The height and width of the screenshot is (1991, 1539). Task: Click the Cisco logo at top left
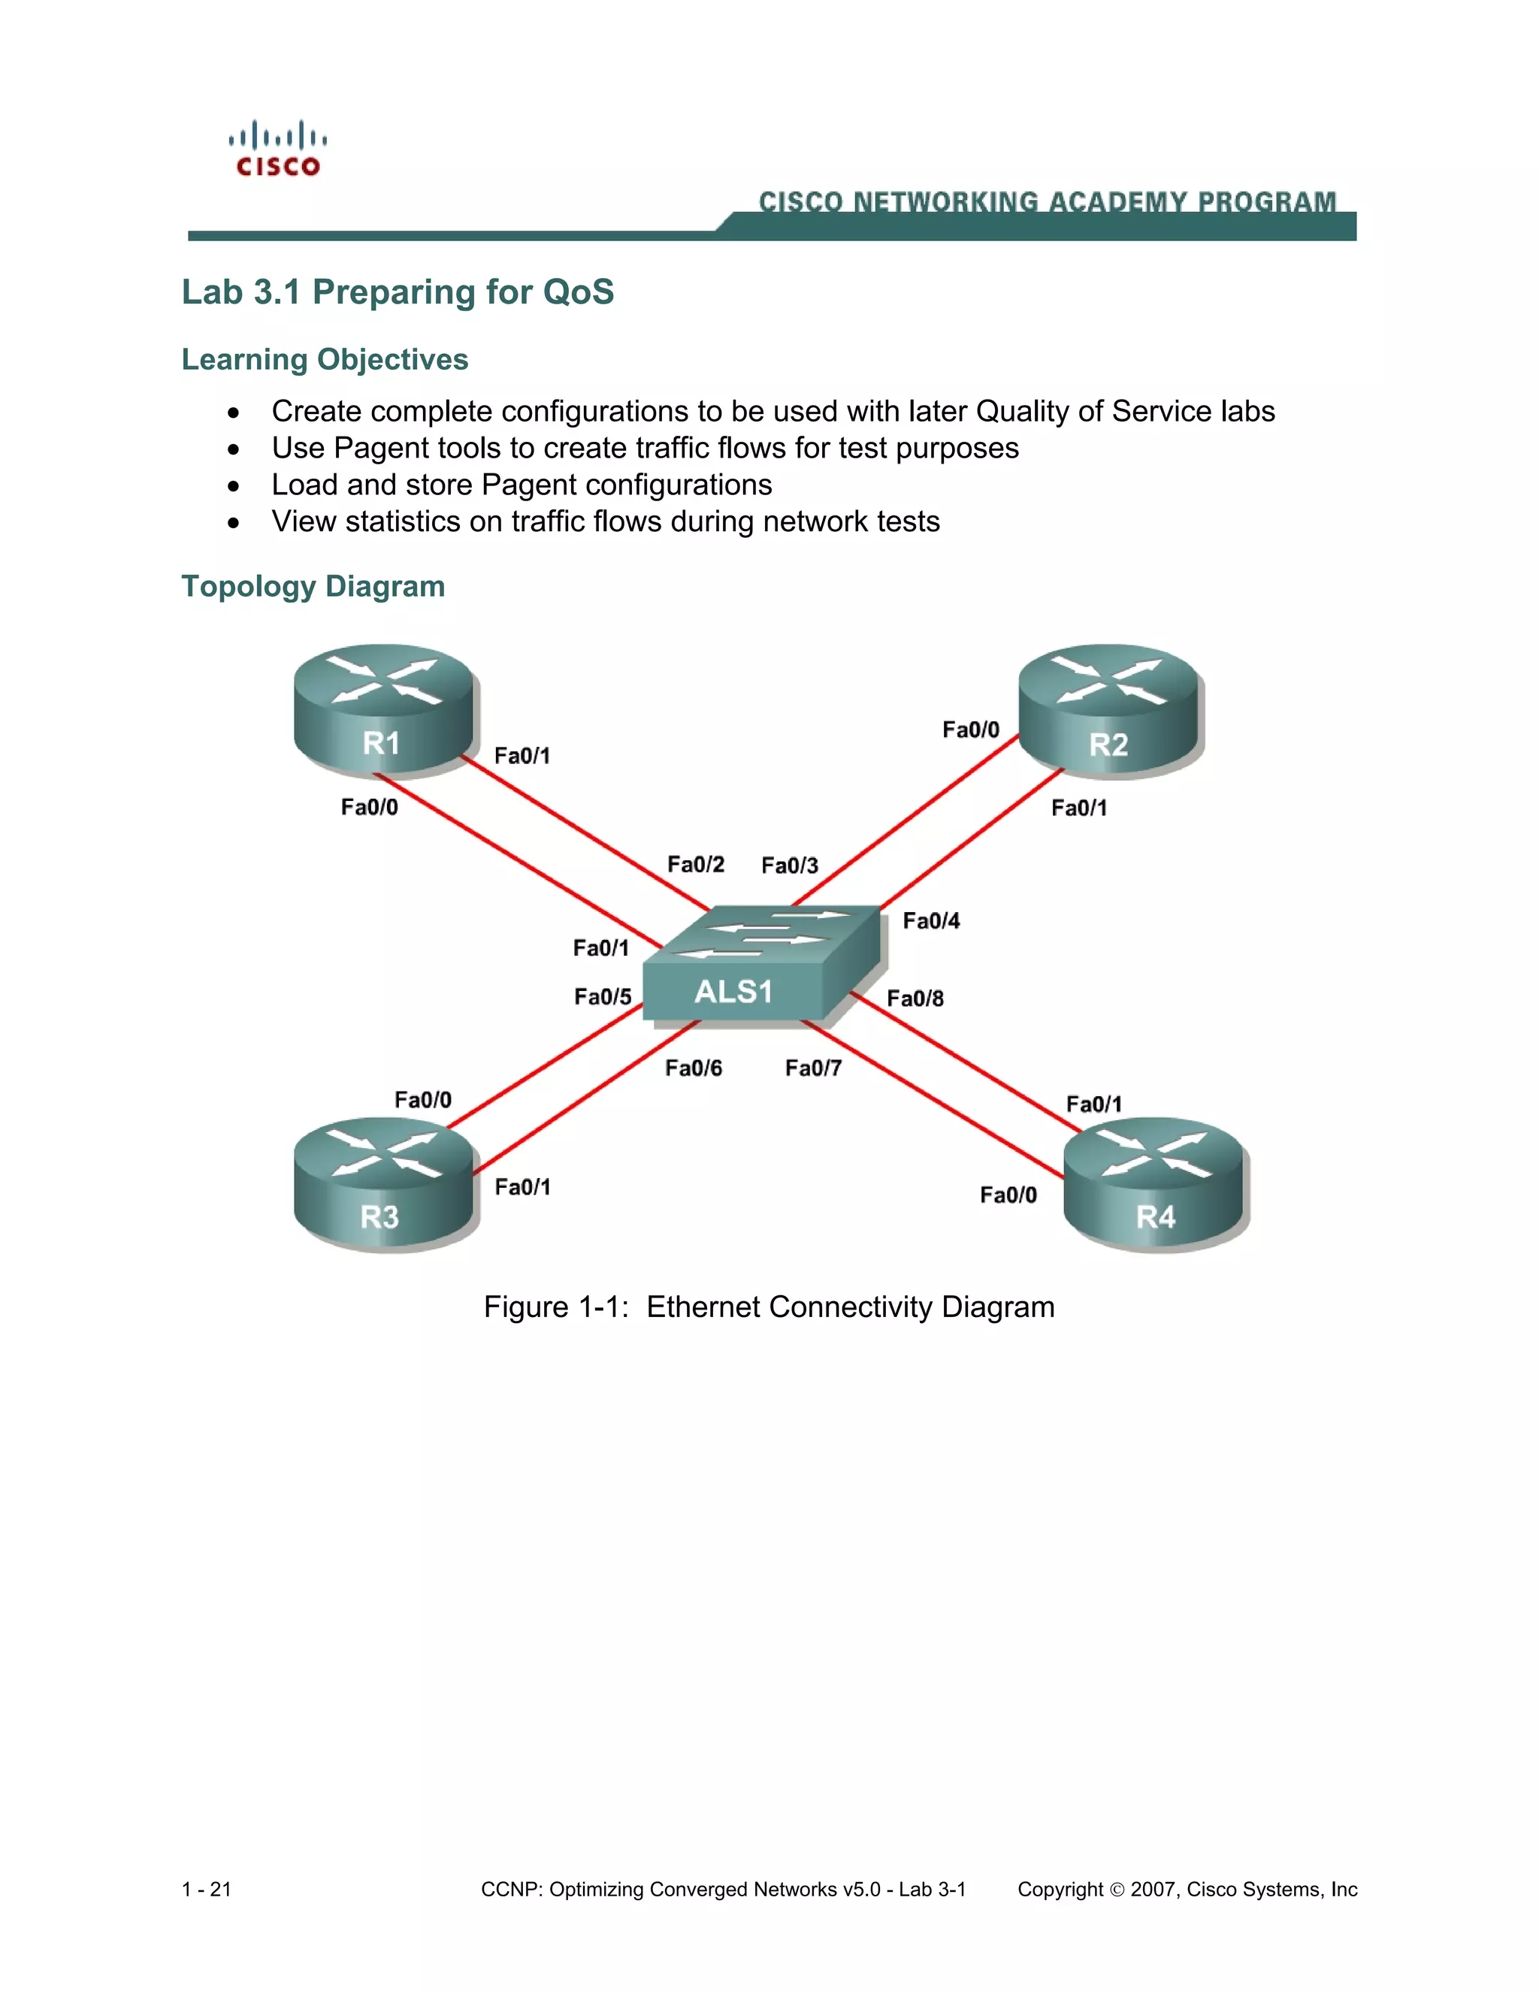pyautogui.click(x=278, y=149)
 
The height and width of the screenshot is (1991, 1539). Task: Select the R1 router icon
pyautogui.click(x=384, y=710)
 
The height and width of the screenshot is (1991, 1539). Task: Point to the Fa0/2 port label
pyautogui.click(x=696, y=864)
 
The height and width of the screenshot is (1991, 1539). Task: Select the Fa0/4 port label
pyautogui.click(x=931, y=921)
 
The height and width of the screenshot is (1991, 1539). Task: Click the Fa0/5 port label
pyautogui.click(x=603, y=996)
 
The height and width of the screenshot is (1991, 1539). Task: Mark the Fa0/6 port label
pyautogui.click(x=693, y=1068)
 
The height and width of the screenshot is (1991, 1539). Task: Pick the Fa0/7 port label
pyautogui.click(x=813, y=1068)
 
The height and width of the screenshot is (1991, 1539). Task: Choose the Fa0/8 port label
pyautogui.click(x=915, y=999)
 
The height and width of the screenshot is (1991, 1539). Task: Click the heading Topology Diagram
pyautogui.click(x=313, y=586)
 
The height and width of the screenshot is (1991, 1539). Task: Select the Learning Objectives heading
pyautogui.click(x=325, y=359)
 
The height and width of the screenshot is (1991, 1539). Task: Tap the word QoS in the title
pyautogui.click(x=578, y=292)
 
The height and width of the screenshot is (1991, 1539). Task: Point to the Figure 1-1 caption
pyautogui.click(x=769, y=1307)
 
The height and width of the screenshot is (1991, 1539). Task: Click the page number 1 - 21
pyautogui.click(x=207, y=1889)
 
